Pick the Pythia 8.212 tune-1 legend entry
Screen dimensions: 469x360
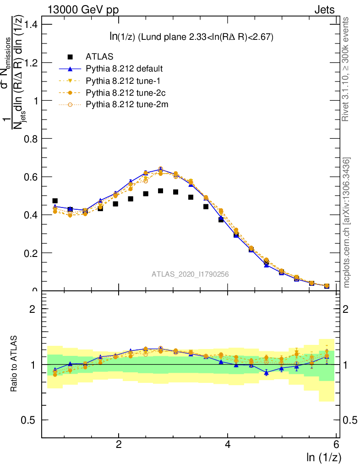click(123, 81)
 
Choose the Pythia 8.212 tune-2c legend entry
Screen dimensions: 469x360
click(125, 93)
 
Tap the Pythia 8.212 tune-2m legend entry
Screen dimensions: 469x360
click(125, 104)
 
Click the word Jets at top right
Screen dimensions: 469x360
click(324, 10)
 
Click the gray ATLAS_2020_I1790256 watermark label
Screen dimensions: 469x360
click(190, 274)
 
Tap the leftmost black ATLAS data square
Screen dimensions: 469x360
click(55, 201)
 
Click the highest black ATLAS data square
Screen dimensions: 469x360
click(161, 191)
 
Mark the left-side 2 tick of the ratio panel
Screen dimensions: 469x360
click(33, 309)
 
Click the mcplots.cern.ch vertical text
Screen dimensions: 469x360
click(347, 223)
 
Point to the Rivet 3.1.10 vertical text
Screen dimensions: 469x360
click(347, 69)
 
